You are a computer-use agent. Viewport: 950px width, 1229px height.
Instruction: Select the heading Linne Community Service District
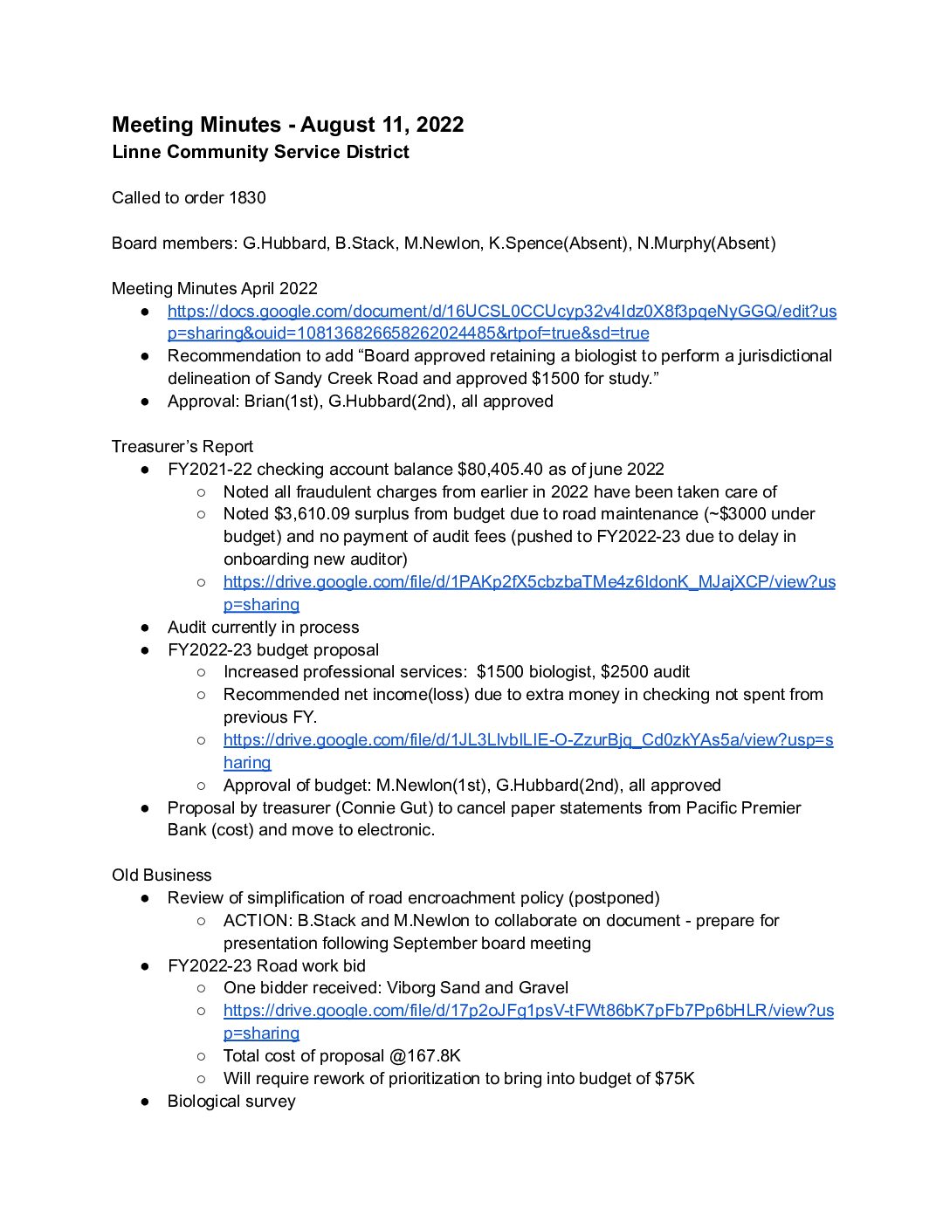[x=260, y=152]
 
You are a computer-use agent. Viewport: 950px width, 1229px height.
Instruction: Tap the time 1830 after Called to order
[x=247, y=198]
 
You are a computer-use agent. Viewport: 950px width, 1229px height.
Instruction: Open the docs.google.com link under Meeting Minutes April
[x=501, y=312]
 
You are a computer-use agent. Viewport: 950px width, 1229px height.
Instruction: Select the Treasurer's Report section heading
[x=182, y=447]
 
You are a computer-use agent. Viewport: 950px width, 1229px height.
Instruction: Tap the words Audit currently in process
[x=263, y=628]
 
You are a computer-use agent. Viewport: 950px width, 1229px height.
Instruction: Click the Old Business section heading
[x=162, y=875]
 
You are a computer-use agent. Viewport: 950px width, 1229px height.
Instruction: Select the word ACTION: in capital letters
[x=258, y=921]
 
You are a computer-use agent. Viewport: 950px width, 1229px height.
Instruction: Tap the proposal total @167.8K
[x=425, y=1056]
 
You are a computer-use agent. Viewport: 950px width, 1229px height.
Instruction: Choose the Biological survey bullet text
[x=231, y=1102]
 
